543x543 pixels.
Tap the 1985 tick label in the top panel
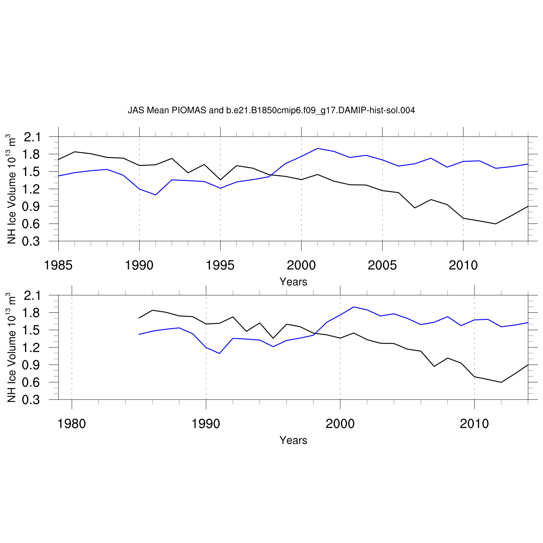coord(58,266)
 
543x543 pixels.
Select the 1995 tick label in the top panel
coord(220,266)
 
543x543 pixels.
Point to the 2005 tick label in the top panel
coord(382,266)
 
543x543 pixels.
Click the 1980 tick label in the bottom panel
coord(72,424)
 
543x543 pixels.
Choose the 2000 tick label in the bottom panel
coord(340,424)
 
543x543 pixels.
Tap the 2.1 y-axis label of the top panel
coord(32,137)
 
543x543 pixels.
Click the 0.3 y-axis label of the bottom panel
coord(32,400)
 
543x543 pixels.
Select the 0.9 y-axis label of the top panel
coord(32,207)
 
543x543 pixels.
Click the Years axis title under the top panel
coord(293,282)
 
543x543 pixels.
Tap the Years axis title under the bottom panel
coord(293,441)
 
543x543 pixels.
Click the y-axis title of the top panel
coord(12,189)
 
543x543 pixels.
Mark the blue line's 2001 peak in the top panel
coord(317,148)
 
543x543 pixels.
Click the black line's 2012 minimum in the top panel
coord(496,224)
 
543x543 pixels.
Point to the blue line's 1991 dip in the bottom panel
coord(219,353)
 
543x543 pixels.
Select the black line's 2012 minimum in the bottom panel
coord(501,382)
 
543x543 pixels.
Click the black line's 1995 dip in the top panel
coord(220,180)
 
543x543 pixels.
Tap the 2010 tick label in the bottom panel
coord(474,424)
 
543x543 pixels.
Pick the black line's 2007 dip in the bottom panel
coord(434,366)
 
